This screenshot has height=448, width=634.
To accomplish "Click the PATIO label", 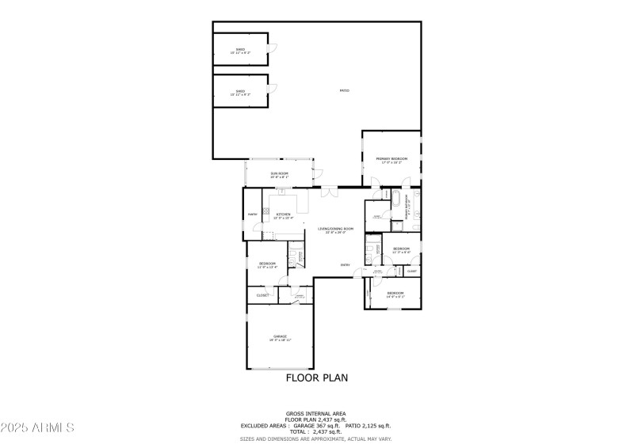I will [x=345, y=91].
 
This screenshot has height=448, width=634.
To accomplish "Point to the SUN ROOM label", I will [x=279, y=173].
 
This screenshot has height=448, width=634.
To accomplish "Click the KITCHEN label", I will [x=283, y=214].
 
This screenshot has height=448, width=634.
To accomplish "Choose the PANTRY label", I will [x=252, y=215].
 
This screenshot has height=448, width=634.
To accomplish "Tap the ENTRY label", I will [x=345, y=265].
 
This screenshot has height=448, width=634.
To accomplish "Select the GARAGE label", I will [x=280, y=336].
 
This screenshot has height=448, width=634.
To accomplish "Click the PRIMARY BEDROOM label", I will [x=391, y=159].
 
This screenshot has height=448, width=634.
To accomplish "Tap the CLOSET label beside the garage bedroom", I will [x=262, y=295].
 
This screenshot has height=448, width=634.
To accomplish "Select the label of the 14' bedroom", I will [x=395, y=294].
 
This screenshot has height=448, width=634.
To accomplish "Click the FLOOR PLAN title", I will [x=316, y=378].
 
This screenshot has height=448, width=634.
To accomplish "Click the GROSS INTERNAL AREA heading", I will [x=316, y=413].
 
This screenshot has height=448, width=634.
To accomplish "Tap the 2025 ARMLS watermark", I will [x=37, y=427].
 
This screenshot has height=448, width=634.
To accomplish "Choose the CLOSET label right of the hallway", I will [x=412, y=271].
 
